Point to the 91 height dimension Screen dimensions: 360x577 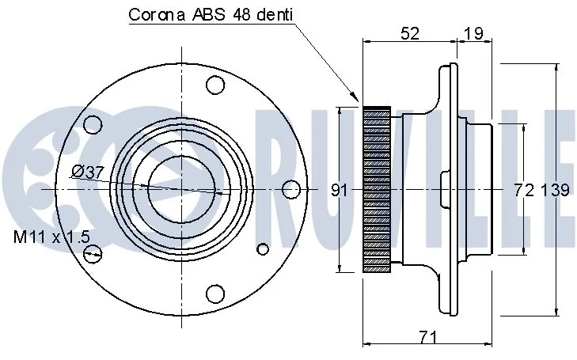339,190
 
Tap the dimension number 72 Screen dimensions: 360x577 522,190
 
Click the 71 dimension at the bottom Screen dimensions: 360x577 427,337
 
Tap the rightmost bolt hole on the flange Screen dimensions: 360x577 291,189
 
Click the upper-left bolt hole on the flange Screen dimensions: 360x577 93,125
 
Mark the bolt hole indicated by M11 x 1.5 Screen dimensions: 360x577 93,253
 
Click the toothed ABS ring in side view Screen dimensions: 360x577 376,189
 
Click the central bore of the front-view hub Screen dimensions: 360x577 180,189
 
